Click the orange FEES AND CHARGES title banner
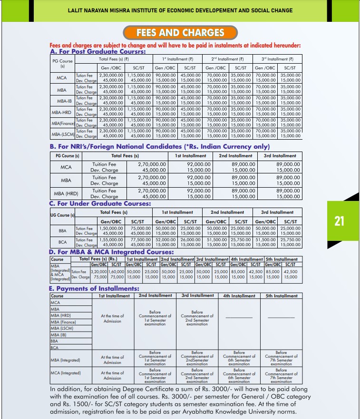[x=180, y=32]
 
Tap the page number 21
[x=339, y=221]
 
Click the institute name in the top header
[x=180, y=10]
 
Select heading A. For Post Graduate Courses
[x=97, y=51]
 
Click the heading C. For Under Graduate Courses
[x=100, y=203]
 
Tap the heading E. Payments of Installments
[x=94, y=288]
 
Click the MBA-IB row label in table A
[x=61, y=100]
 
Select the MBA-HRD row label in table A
[x=61, y=112]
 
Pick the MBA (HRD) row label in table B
[x=66, y=193]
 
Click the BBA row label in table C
[x=62, y=230]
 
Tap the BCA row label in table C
[x=62, y=242]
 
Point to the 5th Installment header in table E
[x=282, y=295]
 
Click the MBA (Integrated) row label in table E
[x=67, y=360]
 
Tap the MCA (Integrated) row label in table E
[x=67, y=373]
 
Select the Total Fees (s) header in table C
[x=114, y=212]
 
